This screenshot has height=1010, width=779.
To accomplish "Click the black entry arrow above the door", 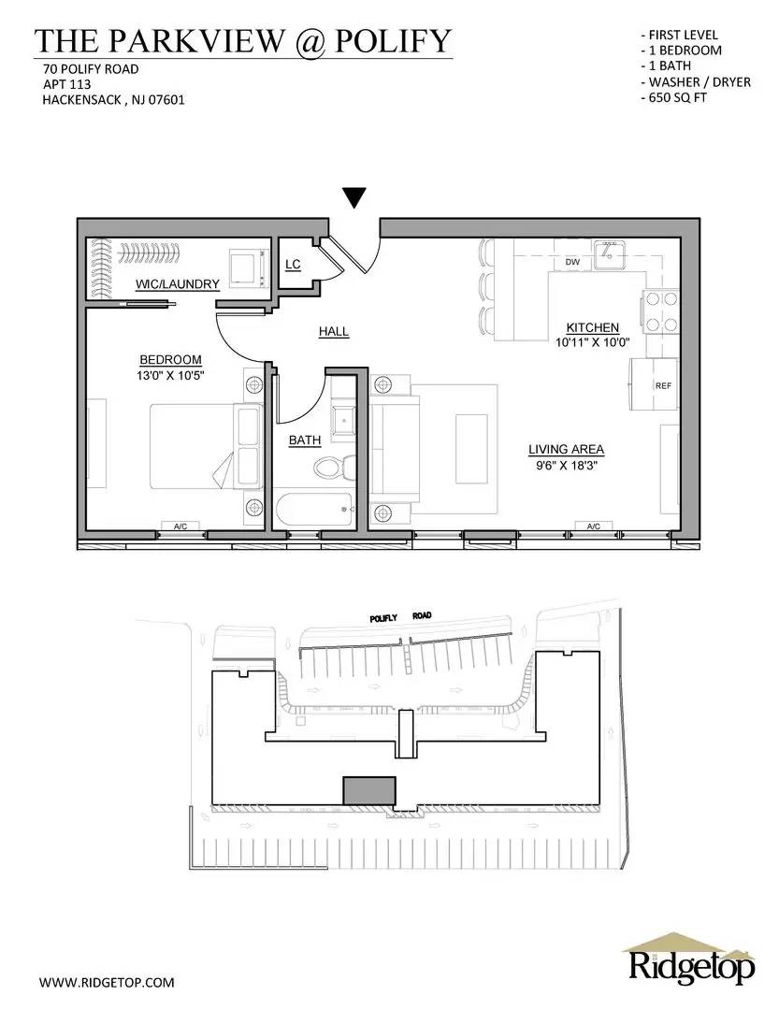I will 353,197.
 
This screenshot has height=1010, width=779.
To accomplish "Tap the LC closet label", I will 293,265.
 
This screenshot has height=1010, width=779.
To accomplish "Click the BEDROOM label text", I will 170,360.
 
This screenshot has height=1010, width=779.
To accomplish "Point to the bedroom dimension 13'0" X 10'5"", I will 170,375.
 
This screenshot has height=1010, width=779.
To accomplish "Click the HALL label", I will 333,332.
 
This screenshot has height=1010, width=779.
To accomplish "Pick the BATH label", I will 305,440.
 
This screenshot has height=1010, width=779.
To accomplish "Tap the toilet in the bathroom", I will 333,465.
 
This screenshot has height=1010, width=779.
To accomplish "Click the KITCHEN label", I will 592,327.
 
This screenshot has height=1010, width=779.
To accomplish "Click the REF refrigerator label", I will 663,384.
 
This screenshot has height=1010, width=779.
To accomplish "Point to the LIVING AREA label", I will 566,449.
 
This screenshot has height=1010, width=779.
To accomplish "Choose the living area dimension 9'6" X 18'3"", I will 566,464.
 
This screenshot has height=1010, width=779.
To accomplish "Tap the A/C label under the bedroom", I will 180,527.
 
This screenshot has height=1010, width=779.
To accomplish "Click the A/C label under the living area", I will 593,527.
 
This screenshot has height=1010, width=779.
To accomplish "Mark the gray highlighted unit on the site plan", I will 369,790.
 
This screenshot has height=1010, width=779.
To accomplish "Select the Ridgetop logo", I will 690,959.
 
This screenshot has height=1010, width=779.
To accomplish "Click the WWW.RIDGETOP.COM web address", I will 107,982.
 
